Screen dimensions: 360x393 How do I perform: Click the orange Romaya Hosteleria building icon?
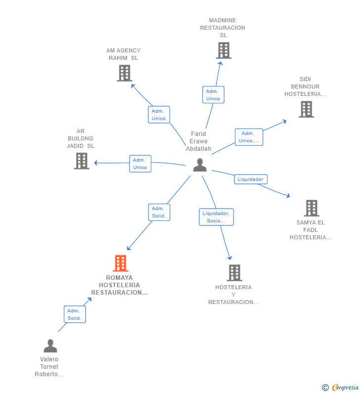click(121, 263)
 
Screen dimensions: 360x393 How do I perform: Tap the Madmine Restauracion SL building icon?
click(224, 50)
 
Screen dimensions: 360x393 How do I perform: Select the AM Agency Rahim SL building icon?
click(125, 73)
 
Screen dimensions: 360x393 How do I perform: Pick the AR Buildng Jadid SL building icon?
click(82, 161)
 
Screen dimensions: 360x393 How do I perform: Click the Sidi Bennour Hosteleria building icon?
click(307, 109)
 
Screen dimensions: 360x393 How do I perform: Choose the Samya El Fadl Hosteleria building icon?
click(312, 208)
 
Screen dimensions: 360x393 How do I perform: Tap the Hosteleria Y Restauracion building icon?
click(235, 273)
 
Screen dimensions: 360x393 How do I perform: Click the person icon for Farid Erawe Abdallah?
click(200, 165)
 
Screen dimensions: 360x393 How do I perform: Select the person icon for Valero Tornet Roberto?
click(50, 346)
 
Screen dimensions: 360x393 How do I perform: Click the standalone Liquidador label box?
click(251, 179)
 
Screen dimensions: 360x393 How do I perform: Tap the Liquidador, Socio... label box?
click(217, 217)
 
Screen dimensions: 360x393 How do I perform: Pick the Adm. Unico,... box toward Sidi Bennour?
click(249, 137)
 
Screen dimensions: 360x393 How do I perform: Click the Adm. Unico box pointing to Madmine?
click(213, 95)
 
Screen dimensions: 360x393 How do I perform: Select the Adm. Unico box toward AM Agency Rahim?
click(159, 115)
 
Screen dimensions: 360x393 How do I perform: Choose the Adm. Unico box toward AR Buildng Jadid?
click(140, 164)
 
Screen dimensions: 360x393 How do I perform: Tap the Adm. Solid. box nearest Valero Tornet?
click(75, 314)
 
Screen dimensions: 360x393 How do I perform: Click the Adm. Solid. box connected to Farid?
click(159, 212)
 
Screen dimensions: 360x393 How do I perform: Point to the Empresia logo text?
click(345, 387)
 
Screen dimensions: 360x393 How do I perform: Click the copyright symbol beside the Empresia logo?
click(325, 388)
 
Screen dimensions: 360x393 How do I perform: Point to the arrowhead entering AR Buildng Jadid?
click(95, 163)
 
